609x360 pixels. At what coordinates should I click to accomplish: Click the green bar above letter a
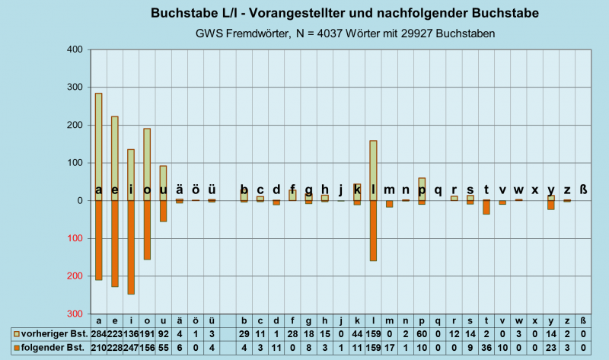pyautogui.click(x=98, y=145)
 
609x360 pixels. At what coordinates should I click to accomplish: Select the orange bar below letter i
pyautogui.click(x=131, y=247)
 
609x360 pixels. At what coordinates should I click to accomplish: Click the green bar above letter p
pyautogui.click(x=422, y=187)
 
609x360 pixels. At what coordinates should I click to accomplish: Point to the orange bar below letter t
pyautogui.click(x=486, y=207)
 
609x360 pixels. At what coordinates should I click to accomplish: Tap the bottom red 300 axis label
pyautogui.click(x=73, y=314)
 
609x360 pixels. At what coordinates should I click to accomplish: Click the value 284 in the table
pyautogui.click(x=98, y=333)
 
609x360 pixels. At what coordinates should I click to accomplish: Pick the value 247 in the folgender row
pyautogui.click(x=131, y=348)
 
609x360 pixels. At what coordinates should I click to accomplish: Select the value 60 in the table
pyautogui.click(x=422, y=333)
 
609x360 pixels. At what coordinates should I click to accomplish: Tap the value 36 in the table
pyautogui.click(x=486, y=348)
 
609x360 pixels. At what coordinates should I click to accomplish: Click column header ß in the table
pyautogui.click(x=584, y=320)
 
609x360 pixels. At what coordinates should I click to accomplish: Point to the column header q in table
pyautogui.click(x=438, y=320)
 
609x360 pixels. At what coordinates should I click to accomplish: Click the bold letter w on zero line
pyautogui.click(x=519, y=190)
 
